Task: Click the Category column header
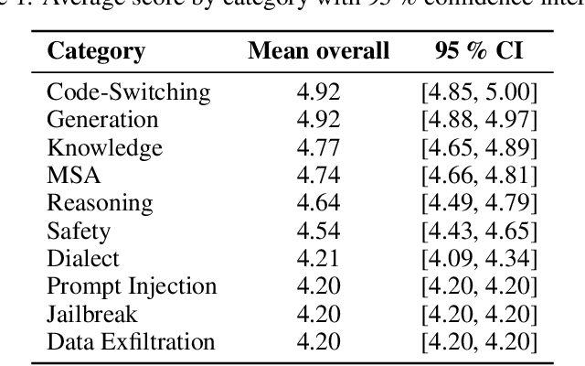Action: tap(96, 50)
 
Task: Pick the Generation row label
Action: tap(101, 119)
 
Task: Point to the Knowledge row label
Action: tap(104, 147)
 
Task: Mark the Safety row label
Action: tap(79, 231)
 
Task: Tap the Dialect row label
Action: tap(83, 259)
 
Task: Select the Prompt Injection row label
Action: tap(132, 286)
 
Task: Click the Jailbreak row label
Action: tap(91, 315)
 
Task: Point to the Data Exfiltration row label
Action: tap(131, 342)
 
